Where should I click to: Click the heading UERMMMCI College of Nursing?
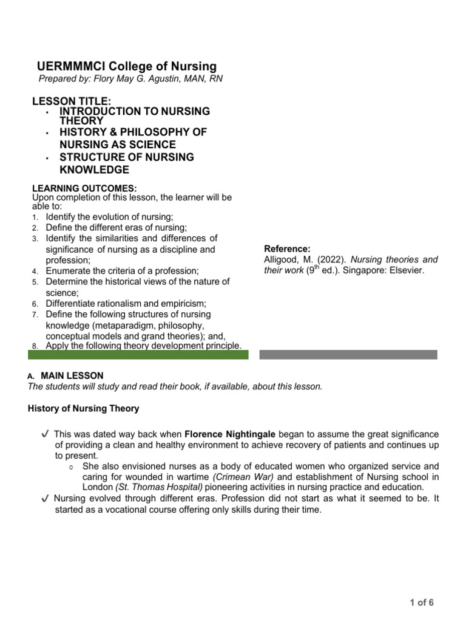[127, 67]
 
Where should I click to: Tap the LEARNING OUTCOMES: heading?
[84, 188]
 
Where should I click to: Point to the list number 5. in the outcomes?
[36, 282]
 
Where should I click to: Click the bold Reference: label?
[287, 249]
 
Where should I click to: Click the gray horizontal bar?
[348, 354]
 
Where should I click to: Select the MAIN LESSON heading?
[72, 376]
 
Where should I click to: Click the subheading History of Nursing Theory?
[84, 408]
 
